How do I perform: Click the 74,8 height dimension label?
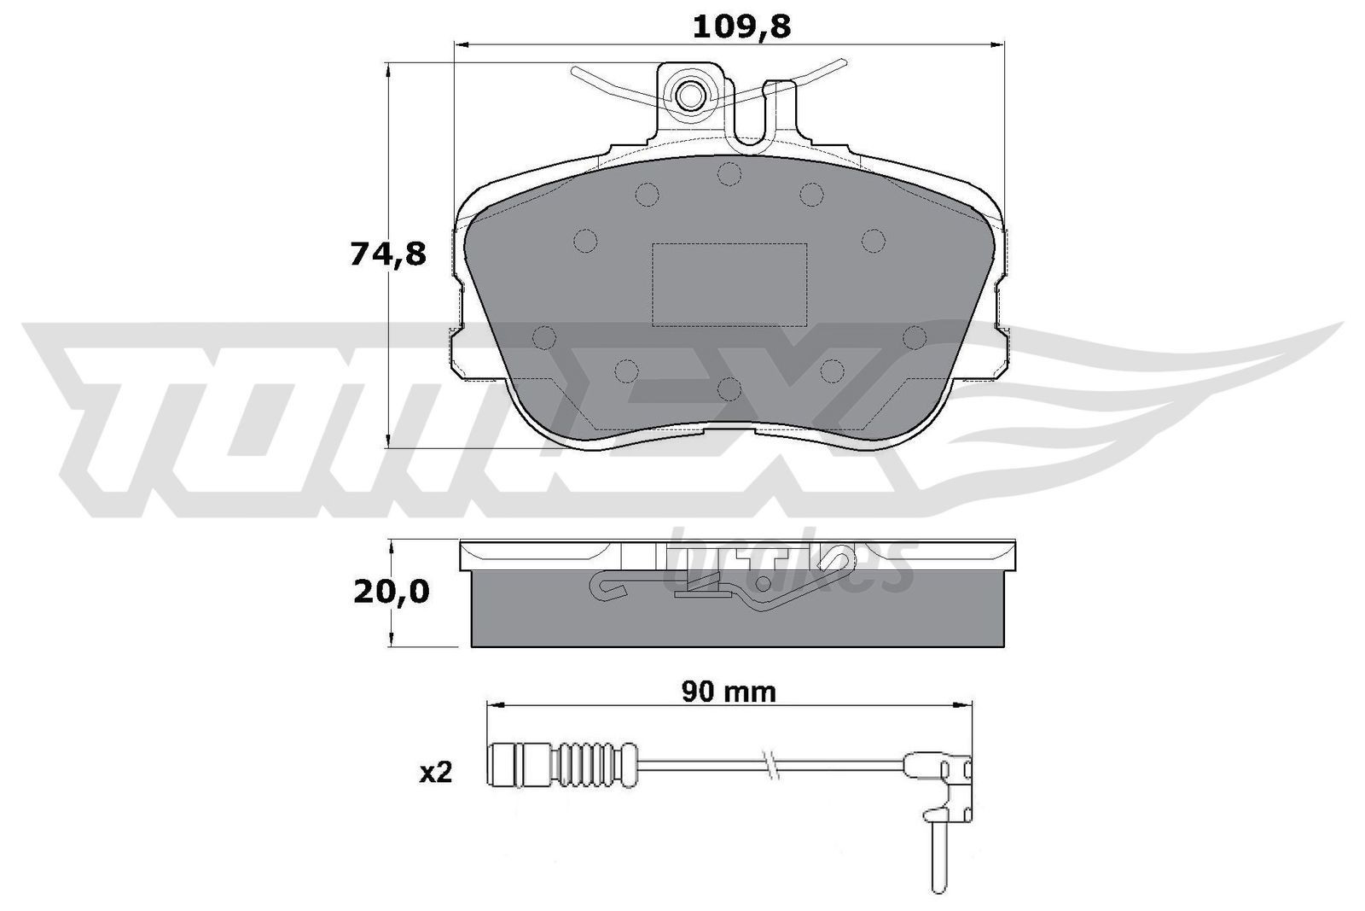click(x=387, y=254)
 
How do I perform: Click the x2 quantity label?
click(x=435, y=774)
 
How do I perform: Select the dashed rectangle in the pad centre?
click(x=729, y=283)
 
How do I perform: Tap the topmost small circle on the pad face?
click(x=728, y=174)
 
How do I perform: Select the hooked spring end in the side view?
click(x=602, y=587)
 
